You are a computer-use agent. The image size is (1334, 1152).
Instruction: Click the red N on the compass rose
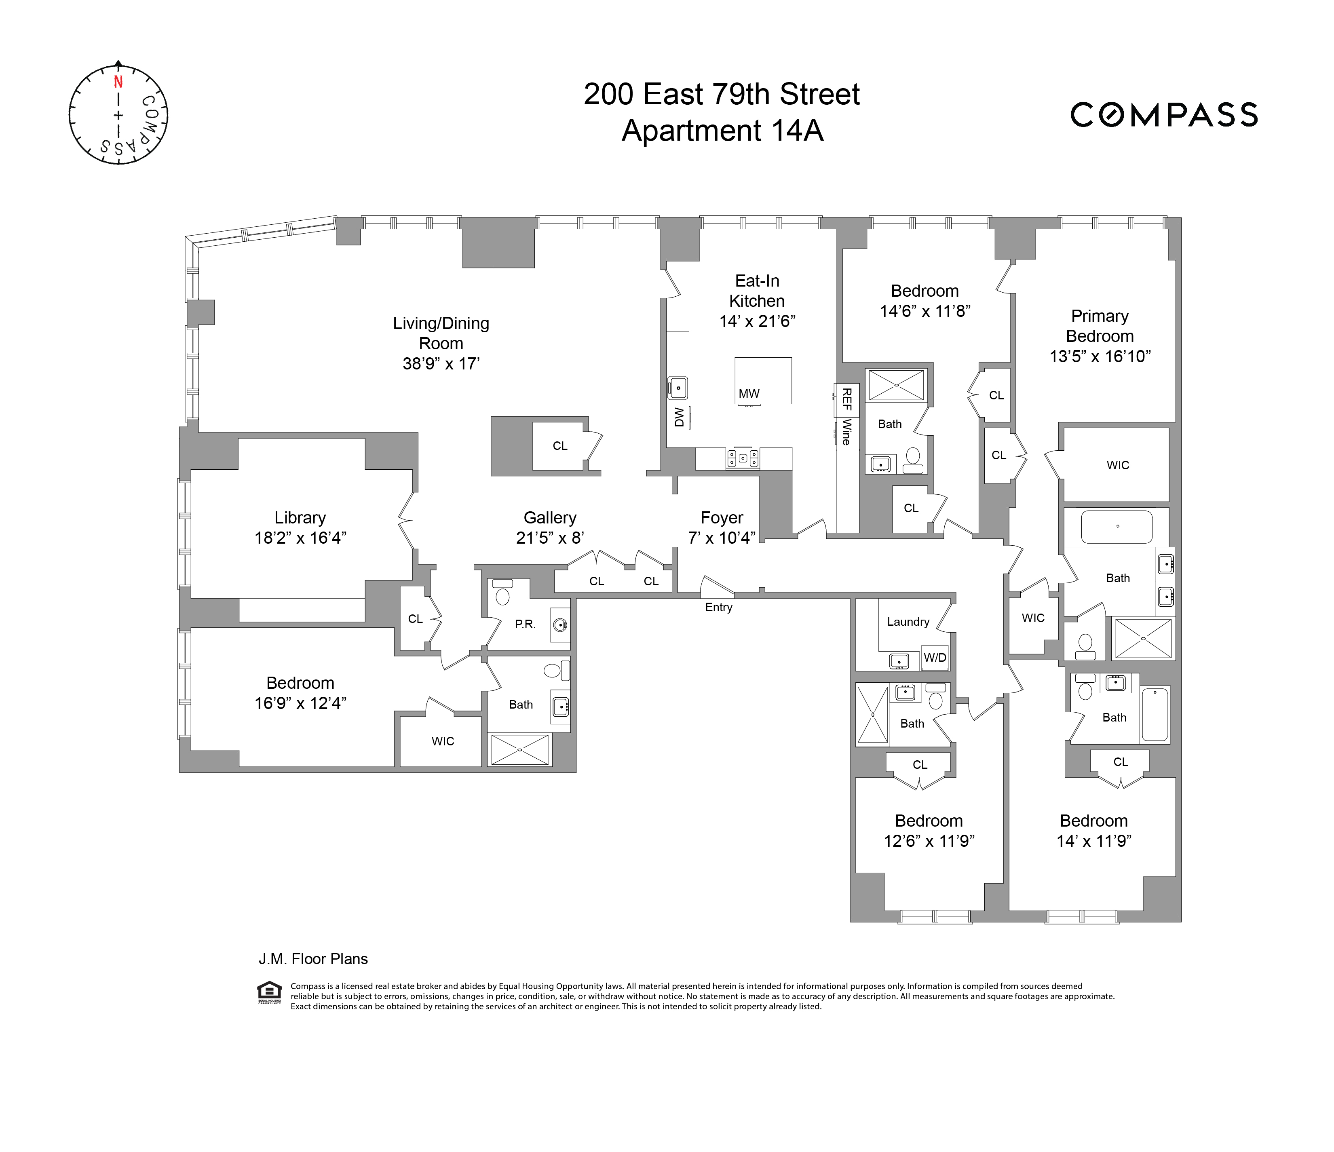[118, 82]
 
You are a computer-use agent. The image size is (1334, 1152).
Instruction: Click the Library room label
[300, 518]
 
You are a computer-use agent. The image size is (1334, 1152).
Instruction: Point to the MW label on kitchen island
[749, 393]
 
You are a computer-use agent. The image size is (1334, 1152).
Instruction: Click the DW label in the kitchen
[679, 417]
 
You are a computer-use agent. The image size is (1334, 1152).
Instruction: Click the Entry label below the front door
[718, 607]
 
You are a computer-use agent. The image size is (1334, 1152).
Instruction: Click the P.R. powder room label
[526, 624]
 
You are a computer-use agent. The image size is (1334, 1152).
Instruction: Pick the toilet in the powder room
[502, 593]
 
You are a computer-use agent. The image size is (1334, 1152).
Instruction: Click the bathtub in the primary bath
[1117, 527]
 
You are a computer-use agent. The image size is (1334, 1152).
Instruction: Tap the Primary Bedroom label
[1100, 326]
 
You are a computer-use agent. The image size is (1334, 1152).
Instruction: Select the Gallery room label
[550, 518]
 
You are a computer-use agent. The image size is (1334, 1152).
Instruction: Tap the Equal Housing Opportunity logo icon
[269, 992]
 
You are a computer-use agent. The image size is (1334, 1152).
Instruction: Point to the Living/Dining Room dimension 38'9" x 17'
[441, 364]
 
